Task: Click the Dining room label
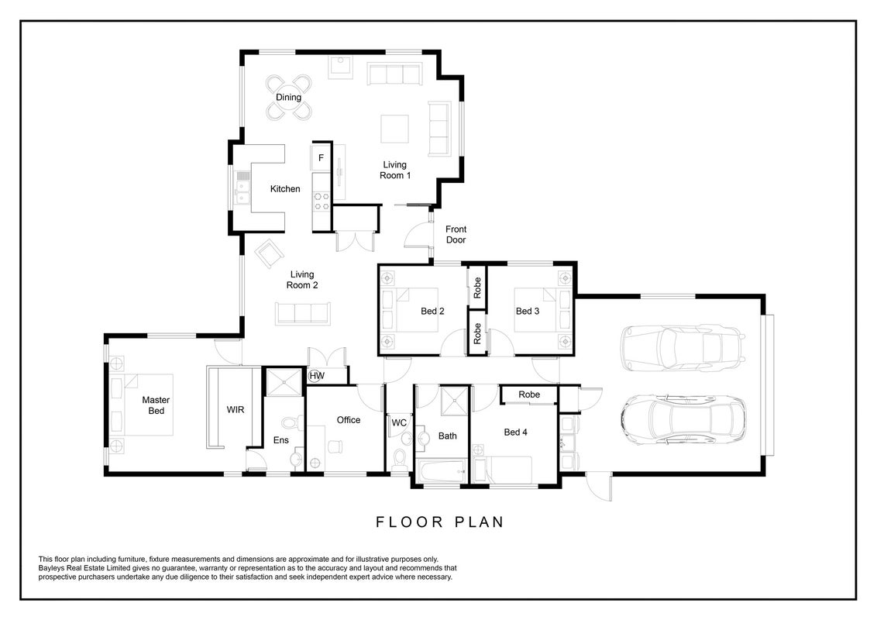tap(289, 98)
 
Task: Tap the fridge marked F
tap(321, 158)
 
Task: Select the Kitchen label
tap(285, 189)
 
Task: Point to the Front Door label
tap(456, 235)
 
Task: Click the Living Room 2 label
tap(302, 280)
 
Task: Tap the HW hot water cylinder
tap(317, 375)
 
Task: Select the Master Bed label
tap(156, 405)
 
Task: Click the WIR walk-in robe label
tap(236, 410)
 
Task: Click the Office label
tap(349, 420)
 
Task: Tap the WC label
tap(399, 423)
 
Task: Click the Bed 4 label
tap(516, 432)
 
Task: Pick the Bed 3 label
tap(528, 311)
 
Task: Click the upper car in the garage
tap(683, 347)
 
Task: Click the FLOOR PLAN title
tap(439, 522)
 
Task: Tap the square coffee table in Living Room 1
tap(395, 129)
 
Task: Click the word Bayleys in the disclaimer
tap(50, 568)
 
